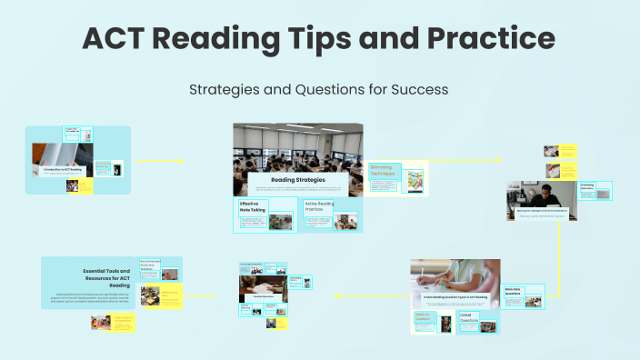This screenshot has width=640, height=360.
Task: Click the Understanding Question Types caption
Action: coord(454,297)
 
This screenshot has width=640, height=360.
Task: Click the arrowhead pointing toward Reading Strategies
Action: coord(183,162)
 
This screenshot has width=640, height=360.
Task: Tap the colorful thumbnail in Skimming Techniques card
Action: coord(414,180)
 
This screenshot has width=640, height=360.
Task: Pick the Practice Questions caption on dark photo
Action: coord(265,296)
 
